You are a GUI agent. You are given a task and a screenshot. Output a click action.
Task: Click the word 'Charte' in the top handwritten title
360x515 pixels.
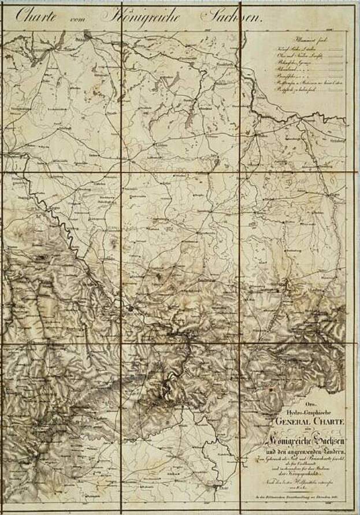pos(36,16)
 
